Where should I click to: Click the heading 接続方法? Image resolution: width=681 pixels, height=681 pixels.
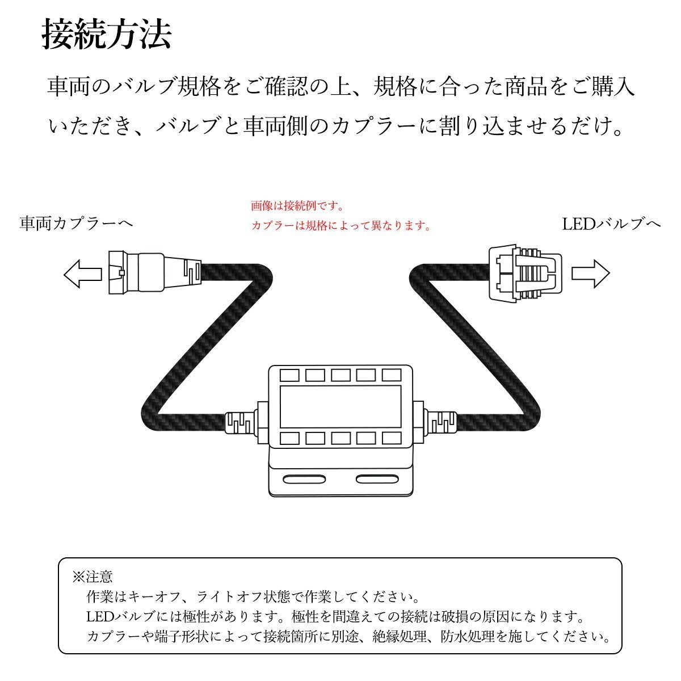[x=107, y=36]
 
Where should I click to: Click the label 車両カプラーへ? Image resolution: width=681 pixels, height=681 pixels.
[x=76, y=224]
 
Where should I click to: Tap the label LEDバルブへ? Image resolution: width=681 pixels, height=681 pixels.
[x=611, y=224]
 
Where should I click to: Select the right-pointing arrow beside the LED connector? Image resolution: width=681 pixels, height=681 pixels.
[x=590, y=274]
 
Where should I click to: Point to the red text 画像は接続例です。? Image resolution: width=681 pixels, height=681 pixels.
[x=297, y=205]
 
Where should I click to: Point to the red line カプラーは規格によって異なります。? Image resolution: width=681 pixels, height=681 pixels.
[x=341, y=226]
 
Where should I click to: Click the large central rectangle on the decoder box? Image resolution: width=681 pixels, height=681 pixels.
[x=339, y=406]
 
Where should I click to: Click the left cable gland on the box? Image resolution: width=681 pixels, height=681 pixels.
[x=243, y=423]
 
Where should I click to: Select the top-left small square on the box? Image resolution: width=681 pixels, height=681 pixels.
[x=288, y=375]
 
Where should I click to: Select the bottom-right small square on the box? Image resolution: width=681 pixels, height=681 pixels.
[x=392, y=438]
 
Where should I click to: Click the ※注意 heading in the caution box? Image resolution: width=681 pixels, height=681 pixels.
[x=93, y=577]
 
